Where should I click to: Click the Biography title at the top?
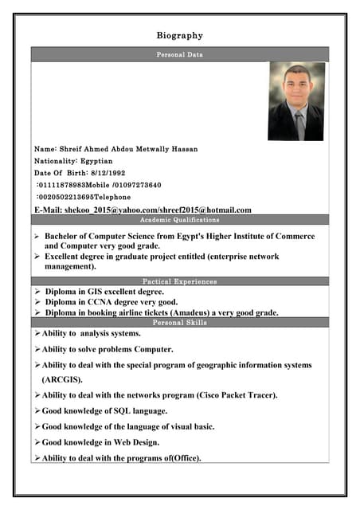pos(179,35)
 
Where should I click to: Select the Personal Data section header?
pos(179,55)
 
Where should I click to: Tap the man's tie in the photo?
pos(299,124)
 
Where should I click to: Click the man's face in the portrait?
pos(296,84)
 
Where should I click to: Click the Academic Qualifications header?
pos(179,219)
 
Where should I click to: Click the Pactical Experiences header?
pos(179,281)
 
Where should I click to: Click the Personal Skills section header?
pos(179,323)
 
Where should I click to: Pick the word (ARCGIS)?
pos(62,380)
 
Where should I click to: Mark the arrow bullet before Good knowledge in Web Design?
pos(37,441)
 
